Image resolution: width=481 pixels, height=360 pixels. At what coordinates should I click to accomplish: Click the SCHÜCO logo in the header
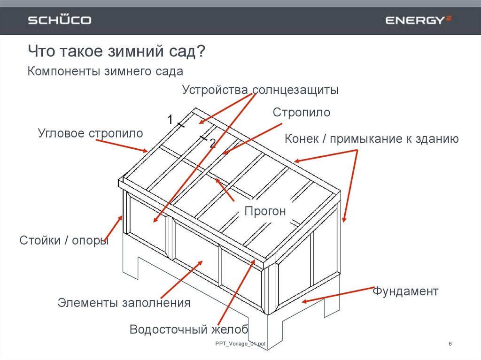click(60, 20)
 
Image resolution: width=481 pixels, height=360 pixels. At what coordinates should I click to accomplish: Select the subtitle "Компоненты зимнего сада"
click(105, 72)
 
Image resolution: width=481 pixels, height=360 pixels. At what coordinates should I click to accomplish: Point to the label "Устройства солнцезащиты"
click(260, 90)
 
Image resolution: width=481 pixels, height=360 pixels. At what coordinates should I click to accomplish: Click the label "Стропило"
click(302, 113)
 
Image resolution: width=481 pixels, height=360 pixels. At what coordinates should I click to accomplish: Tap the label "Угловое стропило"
click(90, 133)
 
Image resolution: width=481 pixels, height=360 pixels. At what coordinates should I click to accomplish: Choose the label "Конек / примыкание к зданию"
click(372, 139)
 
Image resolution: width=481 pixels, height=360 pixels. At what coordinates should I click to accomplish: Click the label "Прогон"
click(265, 211)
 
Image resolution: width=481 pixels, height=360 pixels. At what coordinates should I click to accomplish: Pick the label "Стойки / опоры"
click(64, 241)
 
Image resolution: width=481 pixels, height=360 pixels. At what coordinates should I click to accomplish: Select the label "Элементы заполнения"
click(124, 303)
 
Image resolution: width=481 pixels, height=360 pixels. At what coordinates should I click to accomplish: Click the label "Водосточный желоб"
click(189, 329)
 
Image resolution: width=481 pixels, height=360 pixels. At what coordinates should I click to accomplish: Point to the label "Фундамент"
click(405, 291)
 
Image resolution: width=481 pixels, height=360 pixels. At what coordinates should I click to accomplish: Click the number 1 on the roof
click(170, 119)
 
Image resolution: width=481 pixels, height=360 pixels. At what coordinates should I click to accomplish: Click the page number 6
click(450, 345)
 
